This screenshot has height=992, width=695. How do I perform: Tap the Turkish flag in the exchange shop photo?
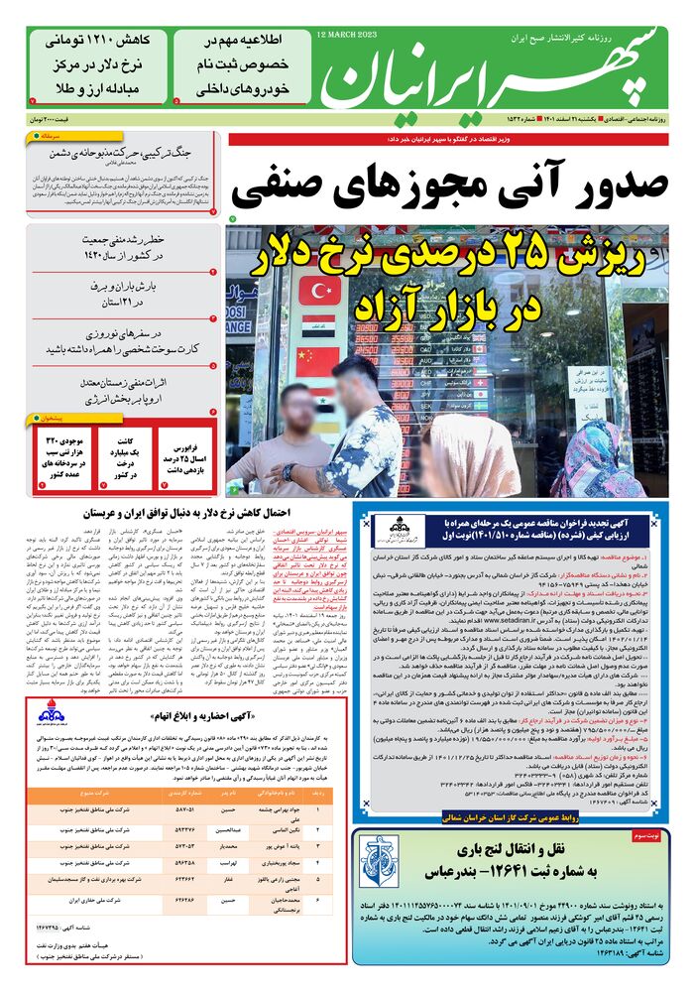pyautogui.click(x=319, y=291)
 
